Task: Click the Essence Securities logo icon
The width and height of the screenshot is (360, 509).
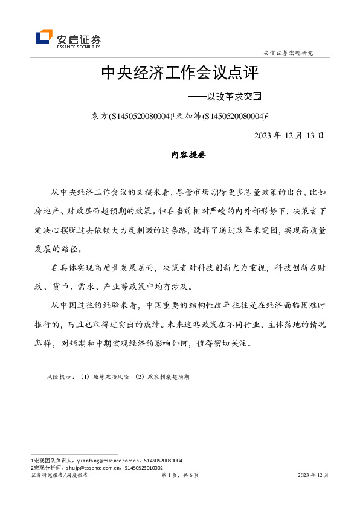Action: [x=44, y=37]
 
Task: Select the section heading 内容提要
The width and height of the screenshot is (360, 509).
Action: [x=180, y=155]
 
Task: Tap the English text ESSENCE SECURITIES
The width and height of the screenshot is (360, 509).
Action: [x=79, y=45]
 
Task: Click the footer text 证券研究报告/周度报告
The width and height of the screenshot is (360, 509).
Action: [x=59, y=476]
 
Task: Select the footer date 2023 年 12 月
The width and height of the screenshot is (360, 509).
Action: [x=313, y=476]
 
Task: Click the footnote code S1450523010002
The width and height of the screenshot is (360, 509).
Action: [x=143, y=468]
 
